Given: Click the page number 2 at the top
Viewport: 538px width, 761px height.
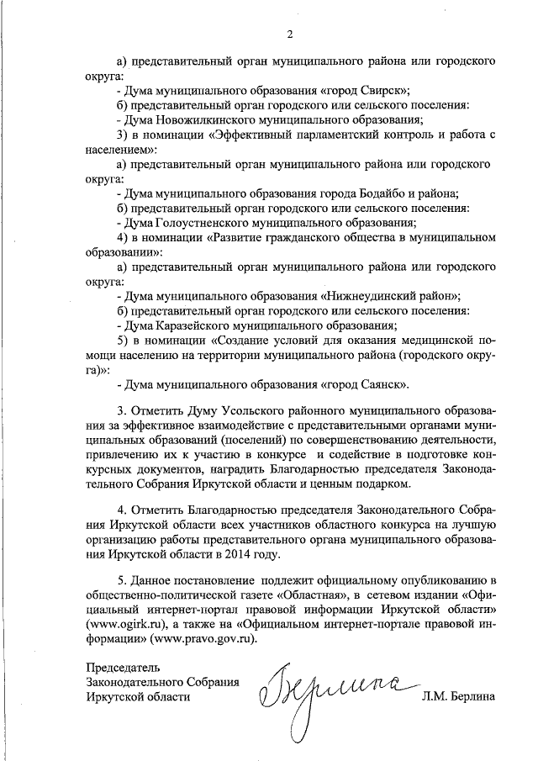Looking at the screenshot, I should point(289,34).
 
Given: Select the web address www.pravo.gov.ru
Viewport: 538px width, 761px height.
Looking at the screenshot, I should point(202,639).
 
